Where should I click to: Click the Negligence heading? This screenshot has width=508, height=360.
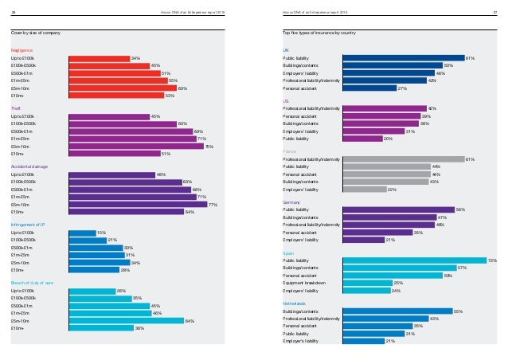(x=22, y=50)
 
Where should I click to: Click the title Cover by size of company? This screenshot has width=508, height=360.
(x=37, y=31)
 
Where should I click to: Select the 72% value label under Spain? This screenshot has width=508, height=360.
(x=492, y=260)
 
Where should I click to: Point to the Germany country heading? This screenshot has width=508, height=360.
(x=291, y=202)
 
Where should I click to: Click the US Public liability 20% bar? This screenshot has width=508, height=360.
(x=362, y=138)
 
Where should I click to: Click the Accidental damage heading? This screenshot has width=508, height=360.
(x=29, y=166)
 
